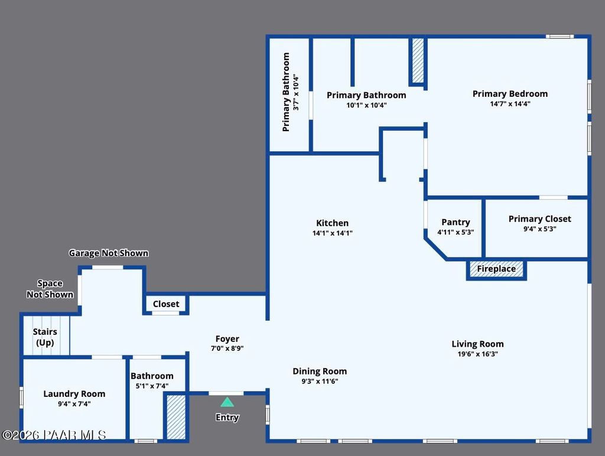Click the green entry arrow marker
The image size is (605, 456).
[x=227, y=402]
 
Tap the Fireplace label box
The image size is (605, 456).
[x=496, y=269]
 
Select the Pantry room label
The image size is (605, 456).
[x=456, y=222]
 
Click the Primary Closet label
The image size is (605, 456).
[x=539, y=219]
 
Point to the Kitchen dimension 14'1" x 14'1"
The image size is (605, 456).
[x=332, y=233]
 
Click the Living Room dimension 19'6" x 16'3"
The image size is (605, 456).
[x=477, y=354]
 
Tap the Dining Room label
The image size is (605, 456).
[x=320, y=371]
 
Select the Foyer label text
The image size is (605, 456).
[x=227, y=338]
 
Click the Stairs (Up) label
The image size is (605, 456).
[x=45, y=337]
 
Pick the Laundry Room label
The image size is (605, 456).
[x=74, y=393]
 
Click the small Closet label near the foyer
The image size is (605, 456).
[x=166, y=304]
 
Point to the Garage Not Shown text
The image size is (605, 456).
[x=109, y=253]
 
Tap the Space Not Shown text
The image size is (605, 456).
[x=50, y=289]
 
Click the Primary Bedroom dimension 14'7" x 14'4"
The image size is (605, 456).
[x=510, y=103]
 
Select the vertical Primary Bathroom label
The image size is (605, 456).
[x=287, y=92]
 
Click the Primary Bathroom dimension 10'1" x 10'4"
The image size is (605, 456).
[x=366, y=105]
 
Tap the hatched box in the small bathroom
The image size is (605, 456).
[x=175, y=417]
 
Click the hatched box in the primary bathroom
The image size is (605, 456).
[x=418, y=61]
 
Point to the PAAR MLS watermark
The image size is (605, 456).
[x=54, y=435]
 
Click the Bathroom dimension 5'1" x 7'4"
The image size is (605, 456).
[x=152, y=386]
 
